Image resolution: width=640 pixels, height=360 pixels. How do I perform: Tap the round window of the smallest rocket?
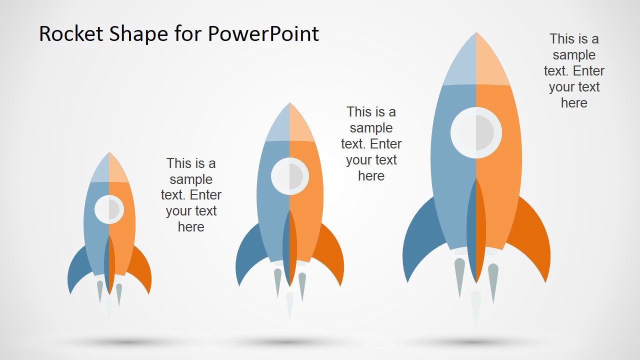pyautogui.click(x=109, y=209)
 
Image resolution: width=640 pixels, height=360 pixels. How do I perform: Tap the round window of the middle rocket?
pyautogui.click(x=289, y=176)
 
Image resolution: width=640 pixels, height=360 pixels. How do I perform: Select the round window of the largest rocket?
pyautogui.click(x=475, y=132)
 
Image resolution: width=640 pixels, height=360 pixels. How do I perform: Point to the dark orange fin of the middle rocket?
pyautogui.click(x=332, y=255)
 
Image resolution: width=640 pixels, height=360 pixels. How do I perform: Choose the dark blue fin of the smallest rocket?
pyautogui.click(x=76, y=270)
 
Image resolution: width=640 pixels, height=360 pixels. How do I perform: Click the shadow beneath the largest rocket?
pyautogui.click(x=475, y=342)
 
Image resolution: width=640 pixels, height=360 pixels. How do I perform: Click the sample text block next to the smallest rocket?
pyautogui.click(x=191, y=195)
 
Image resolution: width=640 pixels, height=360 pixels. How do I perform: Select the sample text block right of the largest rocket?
pyautogui.click(x=574, y=71)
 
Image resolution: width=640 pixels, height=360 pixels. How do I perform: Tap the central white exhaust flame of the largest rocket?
pyautogui.click(x=476, y=307)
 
